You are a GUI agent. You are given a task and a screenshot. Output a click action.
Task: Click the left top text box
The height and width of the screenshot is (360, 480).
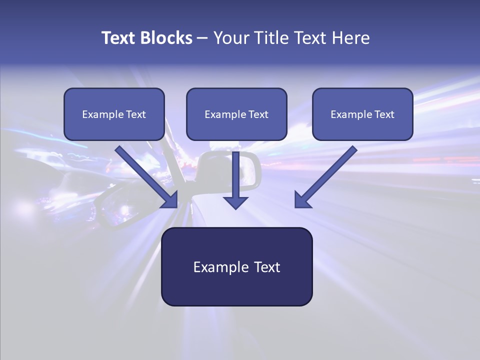click(114, 114)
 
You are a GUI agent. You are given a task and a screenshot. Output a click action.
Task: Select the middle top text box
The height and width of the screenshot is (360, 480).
click(236, 114)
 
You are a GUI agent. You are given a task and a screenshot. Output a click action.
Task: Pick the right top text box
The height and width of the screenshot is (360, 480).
click(362, 114)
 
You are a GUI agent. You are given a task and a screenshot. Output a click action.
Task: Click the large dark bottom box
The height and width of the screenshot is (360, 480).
click(236, 267)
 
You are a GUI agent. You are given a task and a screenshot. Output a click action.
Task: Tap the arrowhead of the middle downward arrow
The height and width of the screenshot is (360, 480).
click(235, 202)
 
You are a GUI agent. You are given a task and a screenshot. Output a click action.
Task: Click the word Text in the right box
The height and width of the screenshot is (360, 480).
click(384, 114)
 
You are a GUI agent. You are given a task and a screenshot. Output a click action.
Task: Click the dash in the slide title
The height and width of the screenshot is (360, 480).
click(202, 38)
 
